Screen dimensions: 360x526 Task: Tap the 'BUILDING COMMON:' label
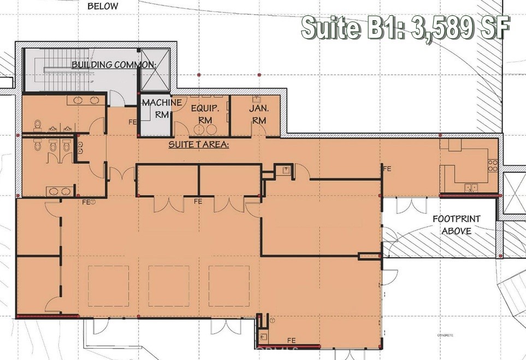tap(114, 64)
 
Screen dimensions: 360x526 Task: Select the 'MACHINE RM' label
tap(154, 108)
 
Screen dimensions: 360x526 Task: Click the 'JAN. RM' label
tap(258, 114)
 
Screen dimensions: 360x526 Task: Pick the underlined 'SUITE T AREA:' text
tap(198, 145)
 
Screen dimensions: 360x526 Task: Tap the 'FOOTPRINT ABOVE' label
tap(456, 225)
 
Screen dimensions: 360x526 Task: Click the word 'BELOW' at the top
tap(103, 7)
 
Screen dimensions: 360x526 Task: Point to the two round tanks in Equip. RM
tap(205, 129)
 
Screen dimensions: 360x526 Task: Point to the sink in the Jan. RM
tap(256, 100)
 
